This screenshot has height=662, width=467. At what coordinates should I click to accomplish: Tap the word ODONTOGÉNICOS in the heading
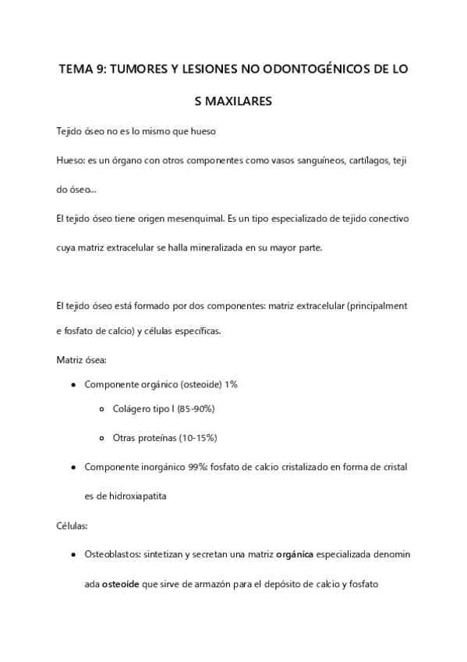pyautogui.click(x=320, y=69)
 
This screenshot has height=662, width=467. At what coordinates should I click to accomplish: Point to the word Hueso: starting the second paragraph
pyautogui.click(x=71, y=160)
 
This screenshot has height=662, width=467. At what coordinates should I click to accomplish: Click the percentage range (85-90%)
pyautogui.click(x=193, y=409)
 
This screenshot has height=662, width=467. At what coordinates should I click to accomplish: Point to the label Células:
pyautogui.click(x=73, y=525)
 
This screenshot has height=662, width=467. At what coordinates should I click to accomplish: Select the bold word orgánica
pyautogui.click(x=295, y=553)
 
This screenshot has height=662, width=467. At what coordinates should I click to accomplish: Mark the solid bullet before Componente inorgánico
pyautogui.click(x=73, y=467)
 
